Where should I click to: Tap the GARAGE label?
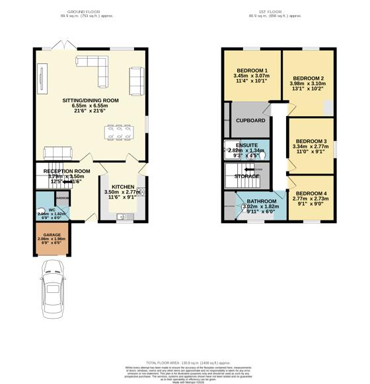pyautogui.click(x=52, y=234)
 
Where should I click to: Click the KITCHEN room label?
pyautogui.click(x=122, y=187)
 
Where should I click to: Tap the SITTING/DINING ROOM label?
pyautogui.click(x=91, y=100)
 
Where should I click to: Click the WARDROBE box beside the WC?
pyautogui.click(x=61, y=197)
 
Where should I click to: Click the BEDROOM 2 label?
pyautogui.click(x=307, y=77)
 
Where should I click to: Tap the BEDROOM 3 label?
pyautogui.click(x=311, y=141)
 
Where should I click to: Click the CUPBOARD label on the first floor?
pyautogui.click(x=251, y=121)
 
